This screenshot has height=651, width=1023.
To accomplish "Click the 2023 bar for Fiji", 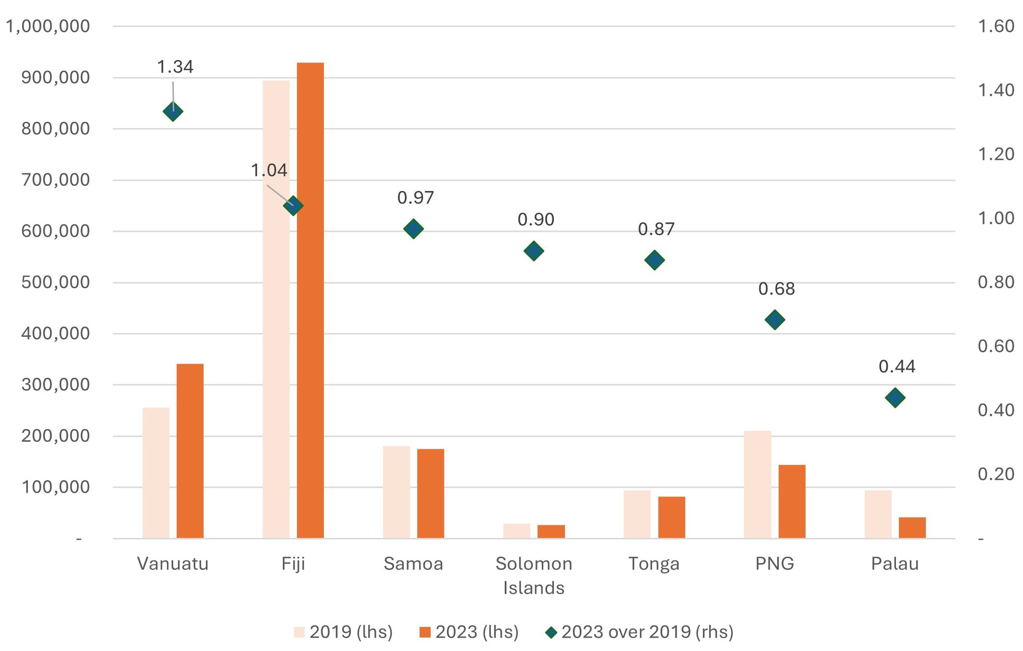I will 310,300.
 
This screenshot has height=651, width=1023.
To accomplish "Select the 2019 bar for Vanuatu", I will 156,472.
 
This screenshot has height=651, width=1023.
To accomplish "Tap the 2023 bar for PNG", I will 792,501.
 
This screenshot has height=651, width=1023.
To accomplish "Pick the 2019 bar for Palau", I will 878,514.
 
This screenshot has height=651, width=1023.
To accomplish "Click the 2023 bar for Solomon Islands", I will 551,531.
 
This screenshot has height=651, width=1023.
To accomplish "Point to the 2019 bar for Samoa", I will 396,492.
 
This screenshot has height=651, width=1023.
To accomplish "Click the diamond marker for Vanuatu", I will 173,112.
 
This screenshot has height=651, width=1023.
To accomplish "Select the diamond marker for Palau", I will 895,398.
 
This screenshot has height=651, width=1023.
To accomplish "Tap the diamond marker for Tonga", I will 654,260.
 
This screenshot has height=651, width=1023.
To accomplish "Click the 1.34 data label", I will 175,67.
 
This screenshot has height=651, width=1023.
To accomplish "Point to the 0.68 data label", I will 776,289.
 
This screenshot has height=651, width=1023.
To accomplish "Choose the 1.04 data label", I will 269,170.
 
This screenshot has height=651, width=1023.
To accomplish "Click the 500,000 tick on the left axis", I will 55,282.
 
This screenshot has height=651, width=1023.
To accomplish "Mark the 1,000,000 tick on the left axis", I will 48,26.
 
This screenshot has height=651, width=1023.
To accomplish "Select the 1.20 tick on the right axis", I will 996,154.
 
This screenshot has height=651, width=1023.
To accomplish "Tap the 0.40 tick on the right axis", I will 996,410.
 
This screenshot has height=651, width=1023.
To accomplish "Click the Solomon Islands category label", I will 534,575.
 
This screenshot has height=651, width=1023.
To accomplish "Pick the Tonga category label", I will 654,563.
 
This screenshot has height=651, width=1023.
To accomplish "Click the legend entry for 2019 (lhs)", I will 344,632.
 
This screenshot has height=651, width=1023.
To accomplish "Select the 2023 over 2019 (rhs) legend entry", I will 639,632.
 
